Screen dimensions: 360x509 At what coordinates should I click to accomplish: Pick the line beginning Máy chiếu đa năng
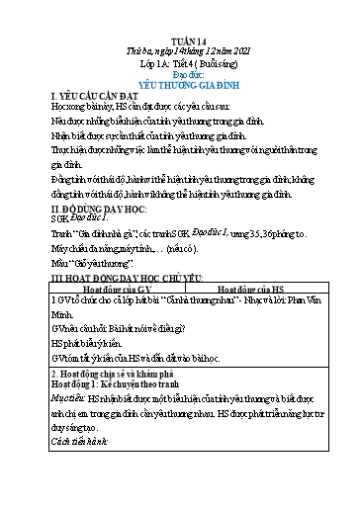(x=124, y=251)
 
